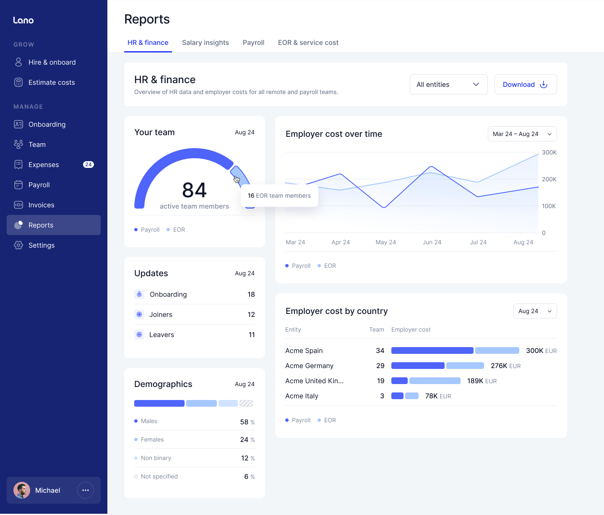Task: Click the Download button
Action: tap(525, 84)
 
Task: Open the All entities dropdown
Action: tap(448, 84)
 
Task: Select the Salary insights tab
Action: tap(206, 42)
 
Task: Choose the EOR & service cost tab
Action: tap(308, 42)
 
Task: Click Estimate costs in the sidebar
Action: tap(52, 82)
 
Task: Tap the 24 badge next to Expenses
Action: tap(89, 165)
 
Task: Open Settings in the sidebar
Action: tap(42, 245)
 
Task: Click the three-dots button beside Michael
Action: tap(86, 490)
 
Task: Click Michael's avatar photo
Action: tap(22, 490)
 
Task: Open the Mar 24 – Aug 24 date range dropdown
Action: tap(522, 134)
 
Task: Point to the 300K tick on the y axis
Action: tap(549, 152)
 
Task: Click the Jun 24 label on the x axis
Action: tap(432, 242)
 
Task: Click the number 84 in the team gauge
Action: tap(194, 190)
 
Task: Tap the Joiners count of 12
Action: tap(251, 314)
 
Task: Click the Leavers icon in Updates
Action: tap(139, 335)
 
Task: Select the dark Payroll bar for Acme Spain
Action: tap(432, 350)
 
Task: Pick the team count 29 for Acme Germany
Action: tap(380, 366)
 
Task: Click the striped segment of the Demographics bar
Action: tap(246, 403)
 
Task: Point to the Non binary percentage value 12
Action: tap(245, 458)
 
